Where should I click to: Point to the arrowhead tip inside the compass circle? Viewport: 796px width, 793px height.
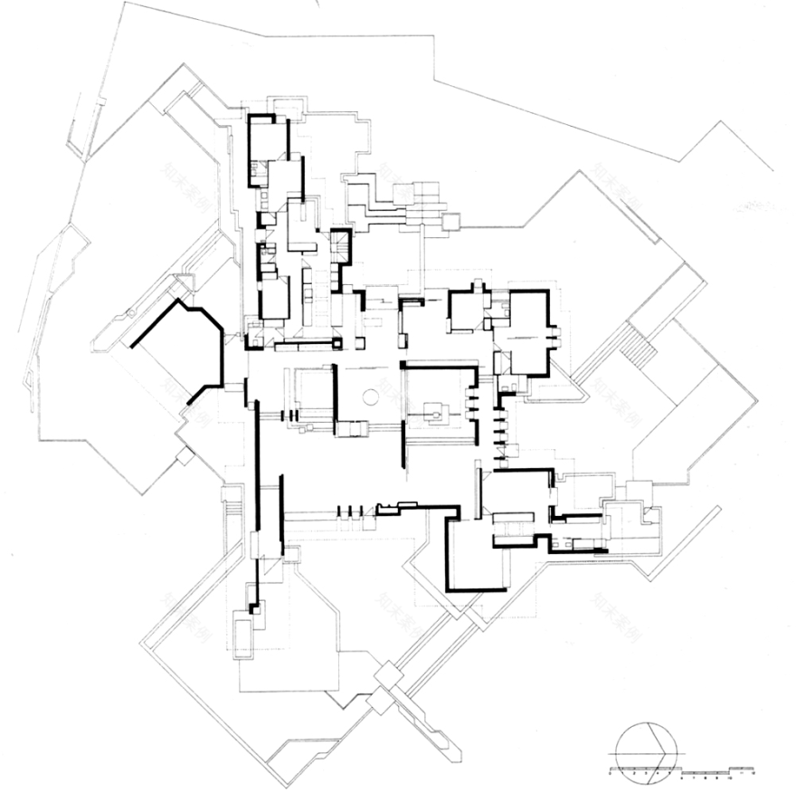point(668,750)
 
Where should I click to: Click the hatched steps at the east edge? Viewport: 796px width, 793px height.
point(640,348)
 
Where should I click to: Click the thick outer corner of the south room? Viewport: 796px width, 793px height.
point(448,589)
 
